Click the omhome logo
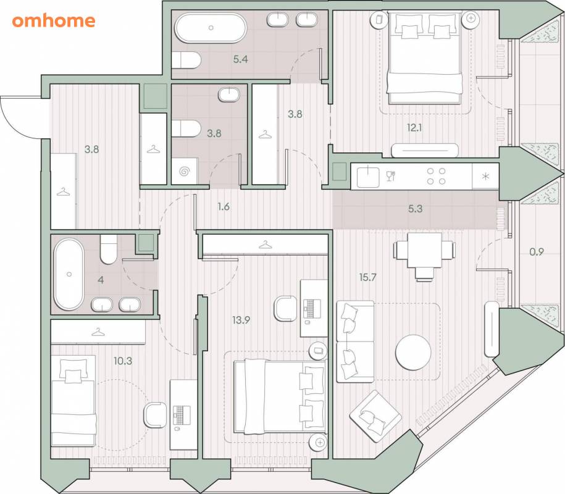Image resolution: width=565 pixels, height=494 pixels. tap(54, 21)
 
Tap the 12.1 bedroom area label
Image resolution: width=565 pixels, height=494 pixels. tap(414, 127)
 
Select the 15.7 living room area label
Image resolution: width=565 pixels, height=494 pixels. tap(367, 277)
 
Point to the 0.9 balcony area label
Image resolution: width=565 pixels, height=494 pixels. tap(537, 251)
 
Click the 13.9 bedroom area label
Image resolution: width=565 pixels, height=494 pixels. tap(241, 320)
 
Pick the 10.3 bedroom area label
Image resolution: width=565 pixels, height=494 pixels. tap(123, 361)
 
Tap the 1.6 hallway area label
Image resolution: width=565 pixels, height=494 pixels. tap(224, 206)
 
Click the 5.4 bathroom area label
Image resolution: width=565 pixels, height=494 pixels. tap(240, 59)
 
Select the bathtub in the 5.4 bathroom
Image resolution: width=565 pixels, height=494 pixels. tap(211, 28)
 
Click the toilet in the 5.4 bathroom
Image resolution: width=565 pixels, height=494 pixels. tap(186, 60)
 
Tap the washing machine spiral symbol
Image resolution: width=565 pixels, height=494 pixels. tap(185, 171)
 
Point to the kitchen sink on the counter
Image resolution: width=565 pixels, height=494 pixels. tap(368, 177)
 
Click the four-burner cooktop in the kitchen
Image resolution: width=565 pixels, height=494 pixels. tap(437, 176)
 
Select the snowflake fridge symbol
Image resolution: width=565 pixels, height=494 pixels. tap(486, 176)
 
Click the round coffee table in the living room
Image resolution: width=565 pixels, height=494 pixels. tap(413, 353)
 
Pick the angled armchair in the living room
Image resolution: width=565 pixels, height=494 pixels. tap(375, 416)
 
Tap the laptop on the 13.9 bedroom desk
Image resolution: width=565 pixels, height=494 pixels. tap(312, 308)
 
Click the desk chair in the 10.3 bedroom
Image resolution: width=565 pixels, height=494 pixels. tap(156, 415)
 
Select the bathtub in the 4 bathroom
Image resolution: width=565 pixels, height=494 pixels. tap(69, 274)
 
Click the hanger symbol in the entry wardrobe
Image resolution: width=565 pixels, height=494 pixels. tap(64, 192)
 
